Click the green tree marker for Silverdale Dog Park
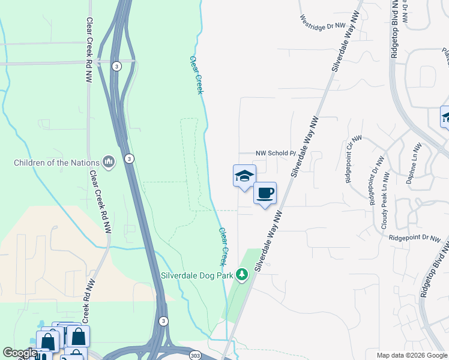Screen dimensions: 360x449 (x=242, y=274)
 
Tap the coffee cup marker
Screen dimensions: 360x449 (x=265, y=193)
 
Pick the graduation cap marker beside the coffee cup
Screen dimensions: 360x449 (x=244, y=176)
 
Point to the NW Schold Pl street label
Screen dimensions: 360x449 (x=277, y=154)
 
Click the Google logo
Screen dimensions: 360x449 (x=20, y=353)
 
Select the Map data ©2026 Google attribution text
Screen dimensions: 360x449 (x=411, y=355)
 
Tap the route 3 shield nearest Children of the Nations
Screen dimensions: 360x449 (x=129, y=158)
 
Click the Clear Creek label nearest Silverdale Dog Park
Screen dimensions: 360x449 (x=222, y=246)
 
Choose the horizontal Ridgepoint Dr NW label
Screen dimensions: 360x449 (x=414, y=238)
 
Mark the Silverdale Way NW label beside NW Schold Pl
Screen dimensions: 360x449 (x=306, y=146)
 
